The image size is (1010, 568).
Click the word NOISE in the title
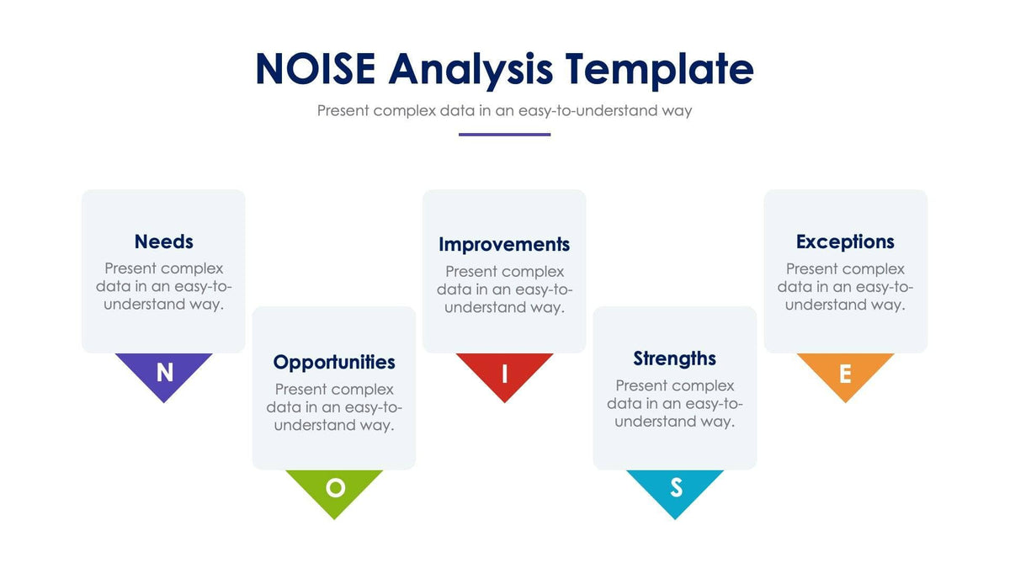315,69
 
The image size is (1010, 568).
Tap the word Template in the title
659,69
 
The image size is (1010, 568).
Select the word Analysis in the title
470,69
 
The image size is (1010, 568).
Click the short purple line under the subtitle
504,134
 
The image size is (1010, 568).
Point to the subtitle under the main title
504,110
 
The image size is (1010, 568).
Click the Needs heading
163,242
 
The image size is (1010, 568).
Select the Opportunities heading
334,362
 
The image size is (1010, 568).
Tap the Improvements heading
504,244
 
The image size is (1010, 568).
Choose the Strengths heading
674,358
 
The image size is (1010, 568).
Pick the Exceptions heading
845,242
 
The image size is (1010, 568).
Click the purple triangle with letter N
164,372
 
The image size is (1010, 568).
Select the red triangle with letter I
504,372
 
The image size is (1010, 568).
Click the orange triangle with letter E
845,372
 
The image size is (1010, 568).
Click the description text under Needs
163,286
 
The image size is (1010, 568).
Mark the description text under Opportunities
334,407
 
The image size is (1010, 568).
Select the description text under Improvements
504,289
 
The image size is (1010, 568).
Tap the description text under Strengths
674,403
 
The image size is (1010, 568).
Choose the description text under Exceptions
845,286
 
